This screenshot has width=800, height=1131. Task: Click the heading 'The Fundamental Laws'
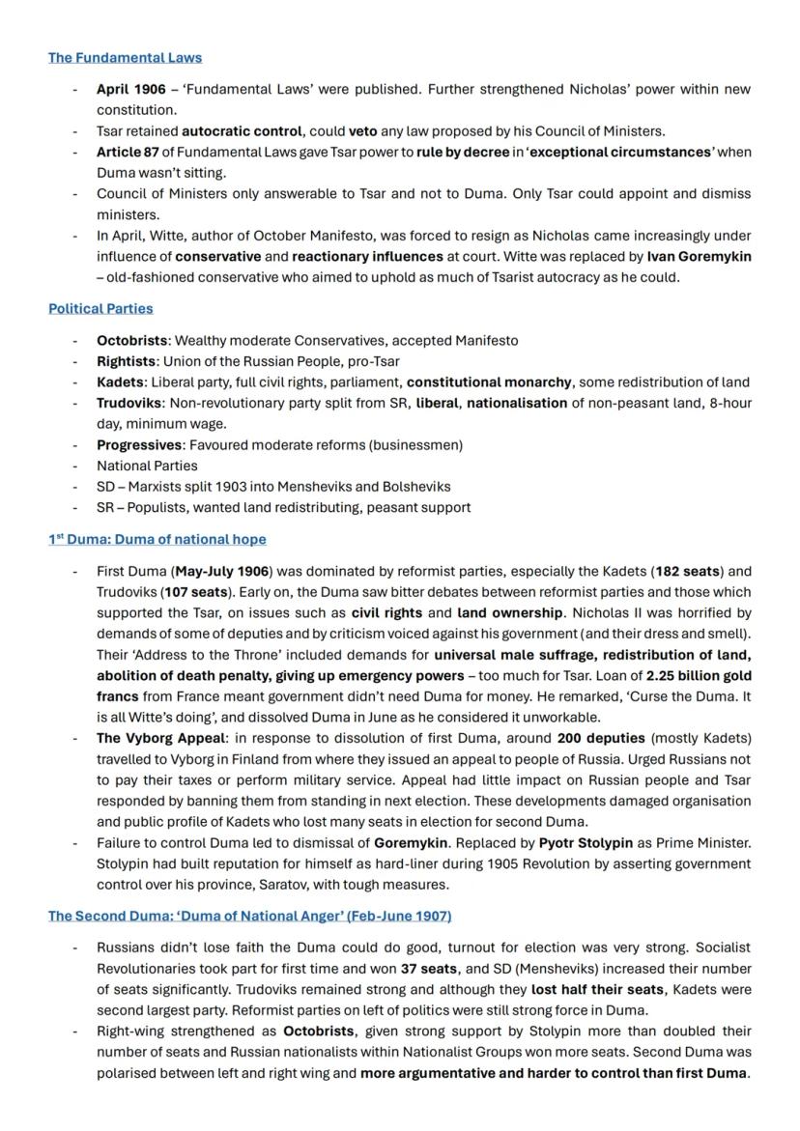[125, 58]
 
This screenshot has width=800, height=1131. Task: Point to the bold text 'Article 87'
[128, 152]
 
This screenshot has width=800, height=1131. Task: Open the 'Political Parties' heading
[100, 309]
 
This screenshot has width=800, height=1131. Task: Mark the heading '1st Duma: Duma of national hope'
[157, 539]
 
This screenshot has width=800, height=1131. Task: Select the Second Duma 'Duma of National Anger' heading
[249, 916]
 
